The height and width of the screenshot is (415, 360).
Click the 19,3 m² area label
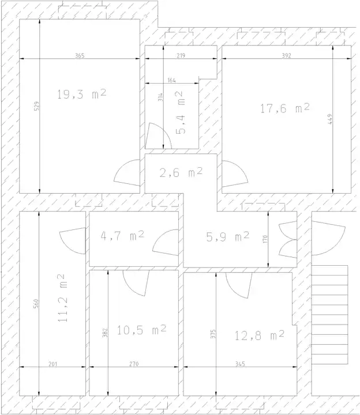(81, 94)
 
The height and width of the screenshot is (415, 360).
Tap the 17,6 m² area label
(285, 108)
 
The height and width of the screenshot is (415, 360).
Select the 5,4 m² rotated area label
(180, 112)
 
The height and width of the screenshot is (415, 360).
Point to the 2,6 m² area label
(181, 172)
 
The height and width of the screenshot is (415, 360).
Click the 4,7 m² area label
(122, 236)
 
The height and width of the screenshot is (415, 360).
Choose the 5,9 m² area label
(228, 237)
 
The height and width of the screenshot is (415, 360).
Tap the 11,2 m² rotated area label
(62, 298)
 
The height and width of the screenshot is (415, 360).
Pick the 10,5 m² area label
(142, 330)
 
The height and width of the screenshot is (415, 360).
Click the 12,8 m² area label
(260, 335)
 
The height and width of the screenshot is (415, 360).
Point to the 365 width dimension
(80, 55)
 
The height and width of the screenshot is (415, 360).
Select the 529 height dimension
(37, 106)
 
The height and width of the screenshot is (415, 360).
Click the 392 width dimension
(286, 55)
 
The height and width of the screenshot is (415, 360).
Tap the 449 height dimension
(330, 119)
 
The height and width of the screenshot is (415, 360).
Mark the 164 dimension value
(172, 80)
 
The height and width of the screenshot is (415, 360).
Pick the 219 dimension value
(181, 55)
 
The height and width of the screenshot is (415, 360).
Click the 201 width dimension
(52, 364)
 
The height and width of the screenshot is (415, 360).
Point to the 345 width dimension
(240, 364)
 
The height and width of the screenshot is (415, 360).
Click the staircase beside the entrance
(329, 315)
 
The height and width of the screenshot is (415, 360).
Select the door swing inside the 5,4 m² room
(159, 136)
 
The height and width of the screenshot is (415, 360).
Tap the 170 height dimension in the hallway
(266, 239)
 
